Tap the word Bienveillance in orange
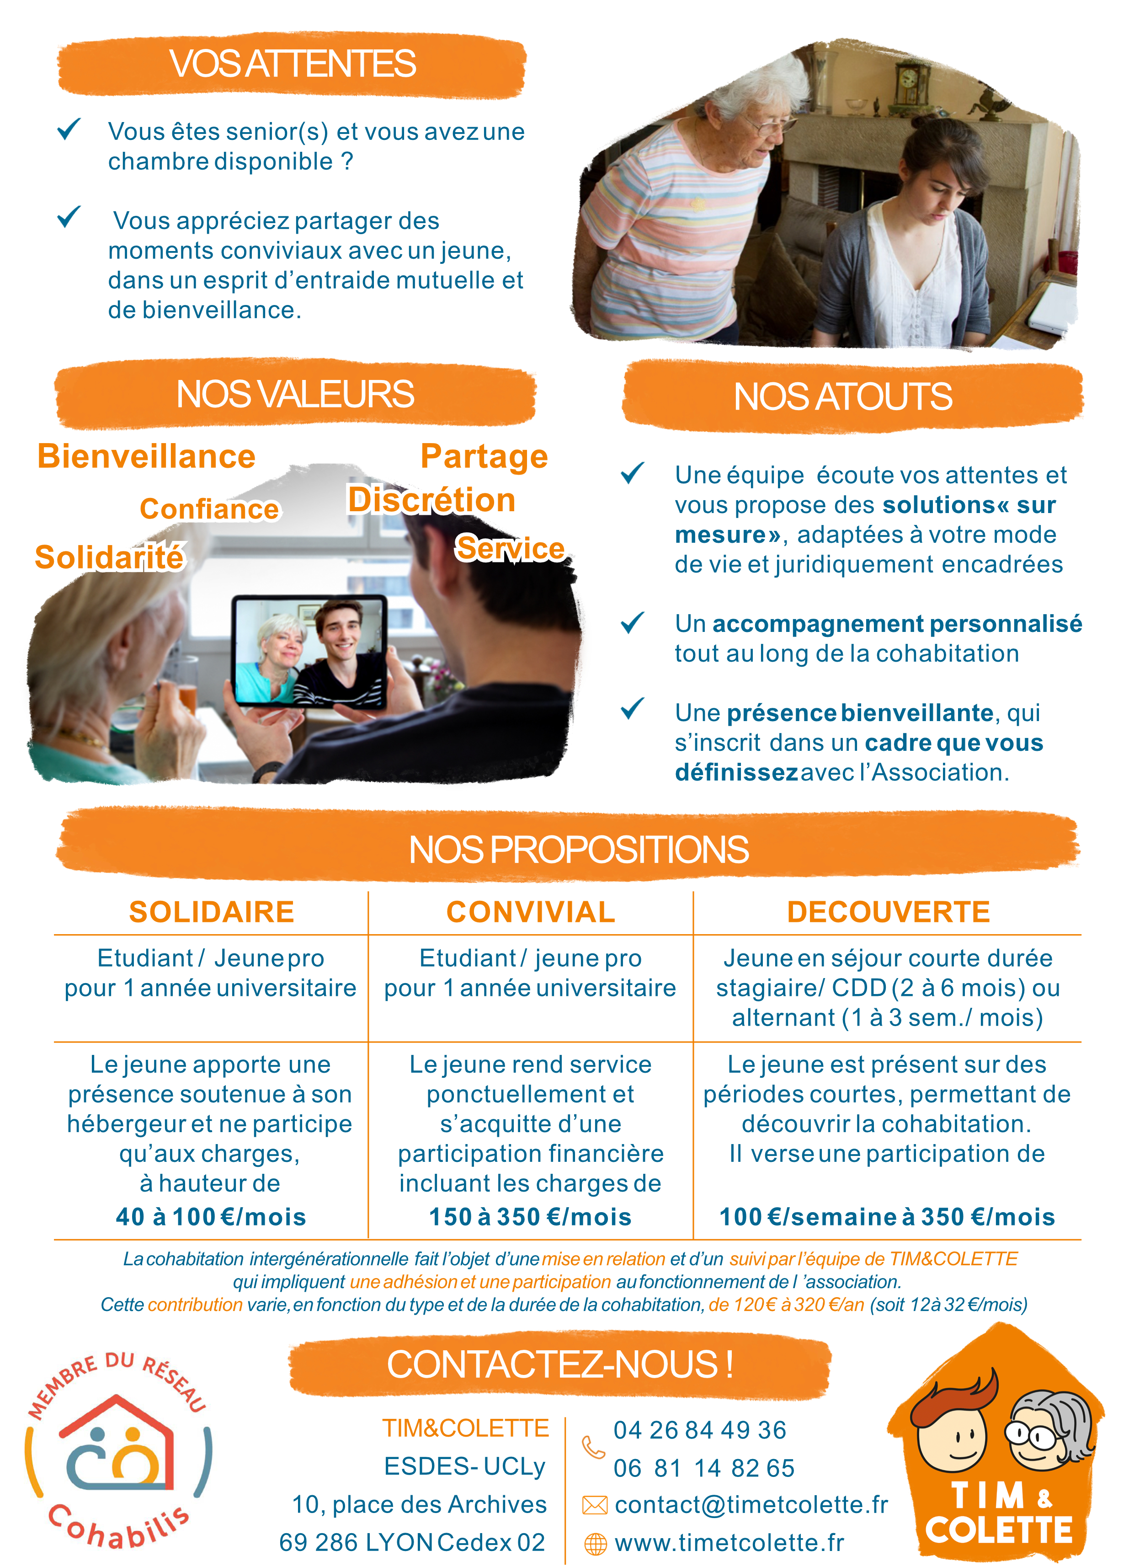click(146, 457)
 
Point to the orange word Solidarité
click(110, 557)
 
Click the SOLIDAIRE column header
click(211, 912)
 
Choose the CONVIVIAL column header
click(530, 912)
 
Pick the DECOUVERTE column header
click(888, 912)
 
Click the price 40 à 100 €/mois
click(211, 1217)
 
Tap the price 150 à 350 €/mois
click(530, 1217)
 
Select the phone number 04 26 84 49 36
click(700, 1429)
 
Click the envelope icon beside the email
click(595, 1505)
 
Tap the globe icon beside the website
click(595, 1544)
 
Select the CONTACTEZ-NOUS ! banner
click(559, 1364)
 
